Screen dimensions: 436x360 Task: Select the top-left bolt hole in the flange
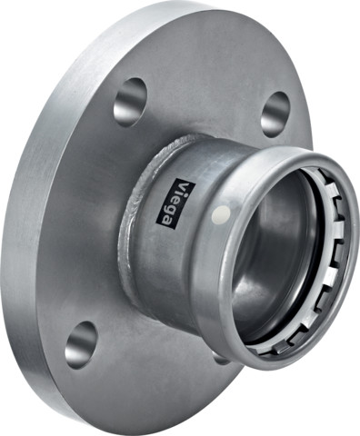[x=130, y=100]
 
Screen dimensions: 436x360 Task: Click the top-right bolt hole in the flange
[x=275, y=113]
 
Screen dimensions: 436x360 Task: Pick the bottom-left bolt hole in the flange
[x=81, y=343]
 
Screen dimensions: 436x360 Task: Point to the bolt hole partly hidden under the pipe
[x=221, y=358]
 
